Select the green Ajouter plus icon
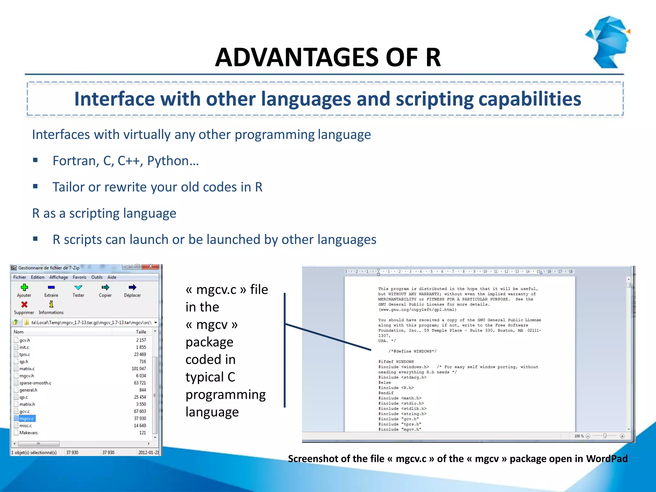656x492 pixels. tap(24, 287)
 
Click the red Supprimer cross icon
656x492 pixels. tap(24, 304)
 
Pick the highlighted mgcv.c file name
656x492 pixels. tap(27, 419)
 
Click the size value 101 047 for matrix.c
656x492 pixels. tap(139, 369)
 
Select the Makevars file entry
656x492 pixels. tap(28, 433)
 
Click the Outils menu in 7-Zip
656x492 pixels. tap(97, 277)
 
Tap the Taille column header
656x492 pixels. tap(141, 332)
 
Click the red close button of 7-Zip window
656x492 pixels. tap(150, 266)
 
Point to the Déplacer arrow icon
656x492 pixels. tap(132, 287)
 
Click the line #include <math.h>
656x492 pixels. tap(400, 398)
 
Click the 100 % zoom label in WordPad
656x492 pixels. tap(578, 436)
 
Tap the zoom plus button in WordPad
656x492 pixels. tap(622, 436)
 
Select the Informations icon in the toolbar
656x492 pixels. tap(51, 304)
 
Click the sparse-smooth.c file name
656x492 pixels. tap(35, 383)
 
